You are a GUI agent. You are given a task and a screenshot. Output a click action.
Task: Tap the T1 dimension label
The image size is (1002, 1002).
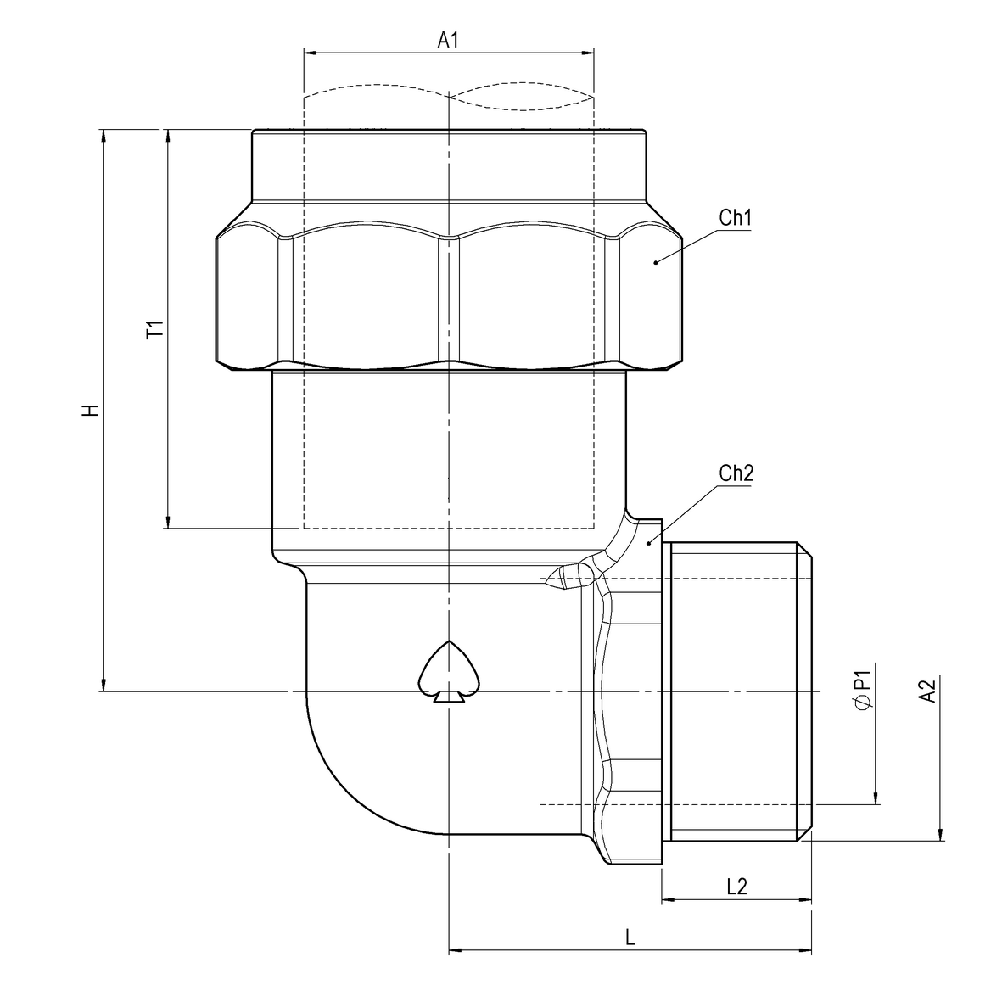click(x=154, y=329)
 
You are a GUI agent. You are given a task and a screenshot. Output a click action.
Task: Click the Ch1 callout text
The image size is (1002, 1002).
click(x=736, y=218)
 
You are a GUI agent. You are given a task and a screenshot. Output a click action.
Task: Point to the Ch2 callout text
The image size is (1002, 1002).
click(x=736, y=473)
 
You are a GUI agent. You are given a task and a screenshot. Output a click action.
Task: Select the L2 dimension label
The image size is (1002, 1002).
click(x=736, y=887)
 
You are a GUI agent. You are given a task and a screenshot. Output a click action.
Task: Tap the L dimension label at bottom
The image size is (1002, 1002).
click(x=630, y=938)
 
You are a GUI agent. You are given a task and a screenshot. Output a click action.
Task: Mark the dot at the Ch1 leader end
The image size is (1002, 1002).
click(x=655, y=263)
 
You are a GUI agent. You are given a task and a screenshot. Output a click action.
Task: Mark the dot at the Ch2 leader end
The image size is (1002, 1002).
click(x=649, y=542)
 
